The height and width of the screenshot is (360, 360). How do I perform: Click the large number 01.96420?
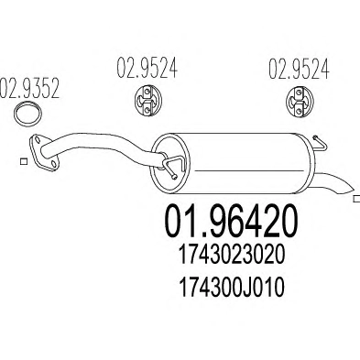coord(231,222)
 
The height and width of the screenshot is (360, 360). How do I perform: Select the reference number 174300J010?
coord(231,288)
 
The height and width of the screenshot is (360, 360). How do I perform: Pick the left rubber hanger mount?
coord(147,101)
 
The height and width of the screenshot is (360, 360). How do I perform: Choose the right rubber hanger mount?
coord(299,102)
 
